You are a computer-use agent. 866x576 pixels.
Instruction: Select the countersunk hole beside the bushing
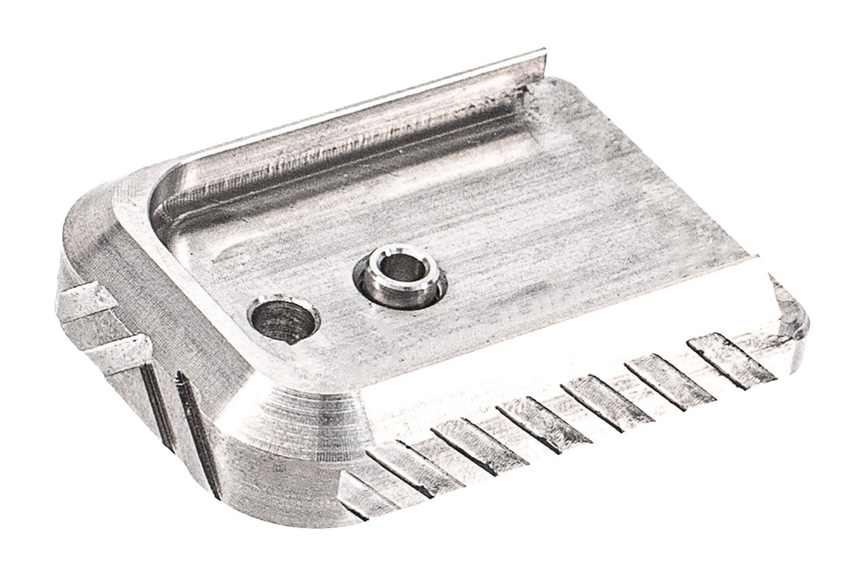pyautogui.click(x=282, y=321)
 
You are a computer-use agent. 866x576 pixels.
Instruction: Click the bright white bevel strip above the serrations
pyautogui.click(x=567, y=344)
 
